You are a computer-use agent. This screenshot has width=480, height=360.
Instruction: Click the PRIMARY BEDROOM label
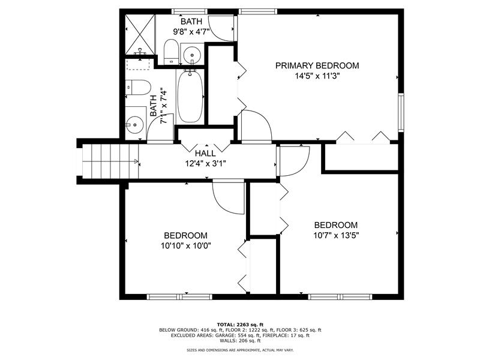coord(317,65)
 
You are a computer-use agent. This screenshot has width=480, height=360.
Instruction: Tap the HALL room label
coord(205,154)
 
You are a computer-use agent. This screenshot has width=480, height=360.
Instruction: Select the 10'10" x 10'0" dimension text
coord(186,245)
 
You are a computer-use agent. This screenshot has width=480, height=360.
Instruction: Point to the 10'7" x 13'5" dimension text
coord(336,235)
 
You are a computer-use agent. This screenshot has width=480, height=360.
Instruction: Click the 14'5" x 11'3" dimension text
coord(317,76)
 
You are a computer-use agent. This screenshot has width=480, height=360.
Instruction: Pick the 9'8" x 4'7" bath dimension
coord(191,32)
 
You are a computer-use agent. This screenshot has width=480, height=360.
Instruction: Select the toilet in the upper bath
coord(171,52)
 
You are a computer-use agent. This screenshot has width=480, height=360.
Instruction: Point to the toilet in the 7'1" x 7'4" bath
coord(138,87)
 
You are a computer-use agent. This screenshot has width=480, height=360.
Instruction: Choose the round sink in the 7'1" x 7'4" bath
coord(134,125)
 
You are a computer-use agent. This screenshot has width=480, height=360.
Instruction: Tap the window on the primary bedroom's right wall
coord(401,112)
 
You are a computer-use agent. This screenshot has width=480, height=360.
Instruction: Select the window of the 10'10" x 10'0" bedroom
coord(179,296)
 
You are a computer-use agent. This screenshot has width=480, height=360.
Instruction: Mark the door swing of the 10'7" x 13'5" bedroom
coord(294,161)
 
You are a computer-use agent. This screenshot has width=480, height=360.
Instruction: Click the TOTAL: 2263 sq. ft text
coord(240,325)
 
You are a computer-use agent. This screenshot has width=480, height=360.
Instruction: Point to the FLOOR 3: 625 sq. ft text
coord(299,330)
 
